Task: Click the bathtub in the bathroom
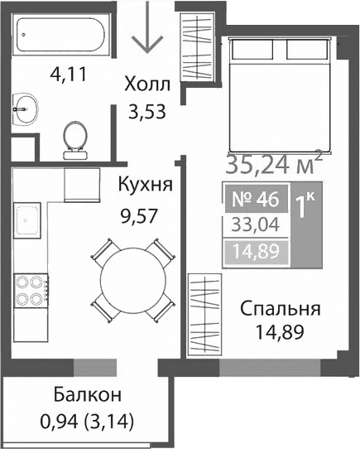[x=61, y=35]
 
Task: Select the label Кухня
[x=145, y=185]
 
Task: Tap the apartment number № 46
[x=257, y=200]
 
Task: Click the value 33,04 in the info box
[x=257, y=223]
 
